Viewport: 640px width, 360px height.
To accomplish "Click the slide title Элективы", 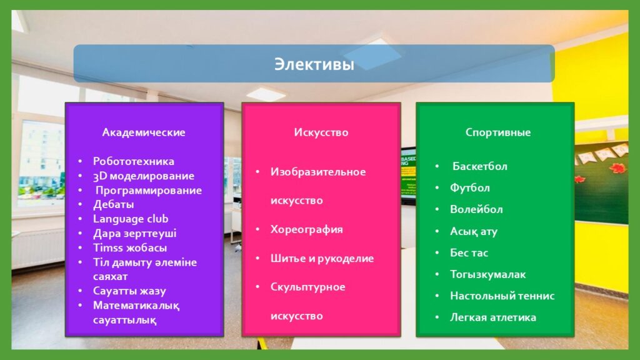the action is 314,64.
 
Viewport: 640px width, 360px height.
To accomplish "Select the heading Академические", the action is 144,132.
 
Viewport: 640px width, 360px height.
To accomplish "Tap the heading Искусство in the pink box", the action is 321,132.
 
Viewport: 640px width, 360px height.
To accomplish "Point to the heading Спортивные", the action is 498,132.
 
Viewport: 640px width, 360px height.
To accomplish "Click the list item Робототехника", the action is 134,161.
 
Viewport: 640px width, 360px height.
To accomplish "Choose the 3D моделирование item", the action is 144,176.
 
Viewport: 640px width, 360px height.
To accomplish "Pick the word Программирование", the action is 149,191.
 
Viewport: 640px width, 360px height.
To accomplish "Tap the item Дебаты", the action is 114,204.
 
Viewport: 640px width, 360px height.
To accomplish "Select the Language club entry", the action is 131,219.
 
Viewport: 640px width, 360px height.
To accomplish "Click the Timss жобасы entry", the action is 130,247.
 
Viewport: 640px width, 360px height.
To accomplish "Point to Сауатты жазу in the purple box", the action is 129,291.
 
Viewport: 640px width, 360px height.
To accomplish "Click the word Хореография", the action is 306,230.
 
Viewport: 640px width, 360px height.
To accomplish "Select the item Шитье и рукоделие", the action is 322,258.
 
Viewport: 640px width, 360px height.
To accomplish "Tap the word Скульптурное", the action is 307,287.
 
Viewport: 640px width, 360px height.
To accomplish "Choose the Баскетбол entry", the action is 479,166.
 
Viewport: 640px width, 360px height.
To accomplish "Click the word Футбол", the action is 470,187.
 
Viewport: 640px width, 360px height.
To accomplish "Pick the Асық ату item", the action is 474,231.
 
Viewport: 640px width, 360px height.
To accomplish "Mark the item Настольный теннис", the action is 502,296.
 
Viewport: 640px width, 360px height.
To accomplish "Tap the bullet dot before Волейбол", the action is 437,209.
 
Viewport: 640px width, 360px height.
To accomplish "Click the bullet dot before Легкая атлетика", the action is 437,317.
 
